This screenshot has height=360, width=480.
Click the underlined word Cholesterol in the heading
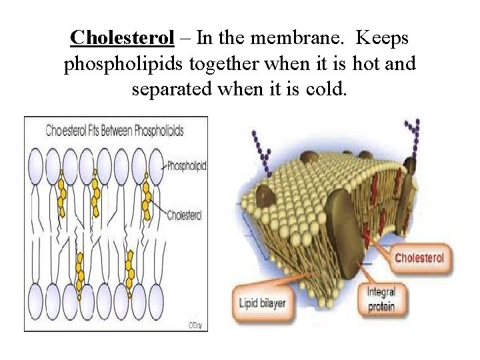tap(123, 37)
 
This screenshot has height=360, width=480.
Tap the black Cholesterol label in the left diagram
tap(185, 215)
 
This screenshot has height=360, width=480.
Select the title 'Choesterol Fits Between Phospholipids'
tap(115, 130)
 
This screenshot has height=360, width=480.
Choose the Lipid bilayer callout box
tap(262, 303)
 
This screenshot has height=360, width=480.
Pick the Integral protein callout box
tap(381, 298)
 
